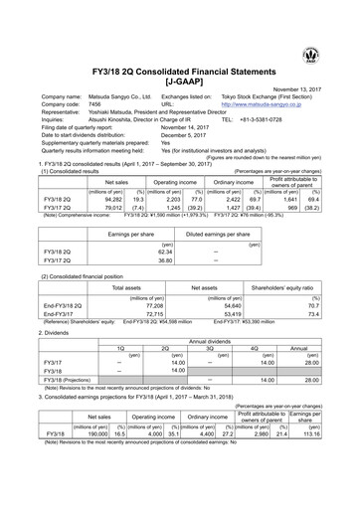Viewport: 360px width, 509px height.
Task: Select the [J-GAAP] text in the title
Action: pos(179,78)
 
